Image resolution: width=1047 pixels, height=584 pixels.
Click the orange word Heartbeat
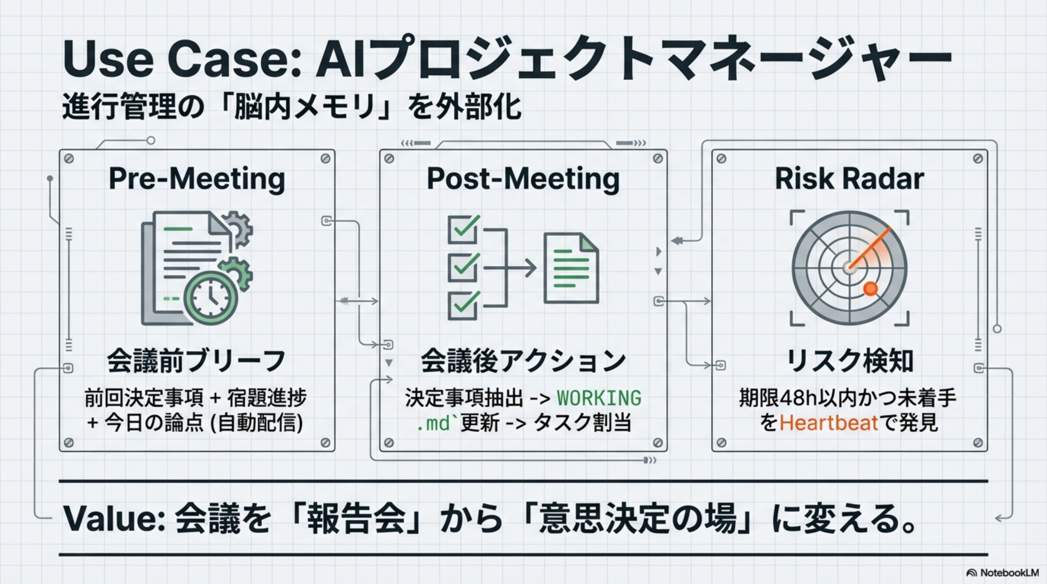coord(829,423)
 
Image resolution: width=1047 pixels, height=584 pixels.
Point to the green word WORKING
coord(599,398)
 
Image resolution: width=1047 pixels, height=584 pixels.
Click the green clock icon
coord(210,298)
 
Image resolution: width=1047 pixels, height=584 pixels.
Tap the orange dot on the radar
coord(870,289)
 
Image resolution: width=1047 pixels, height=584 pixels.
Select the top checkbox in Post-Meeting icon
coord(463,230)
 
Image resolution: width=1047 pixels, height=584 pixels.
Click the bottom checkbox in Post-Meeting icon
coord(463,305)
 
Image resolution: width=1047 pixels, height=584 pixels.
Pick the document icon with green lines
coord(571,268)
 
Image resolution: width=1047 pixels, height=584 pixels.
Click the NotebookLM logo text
coord(1008,573)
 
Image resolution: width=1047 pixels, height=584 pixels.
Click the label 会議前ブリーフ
coord(197,361)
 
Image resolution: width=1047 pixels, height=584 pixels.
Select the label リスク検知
coord(850,361)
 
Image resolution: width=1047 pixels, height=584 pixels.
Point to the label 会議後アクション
coord(523,361)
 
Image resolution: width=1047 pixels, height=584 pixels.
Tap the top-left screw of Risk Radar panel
coord(722,159)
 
